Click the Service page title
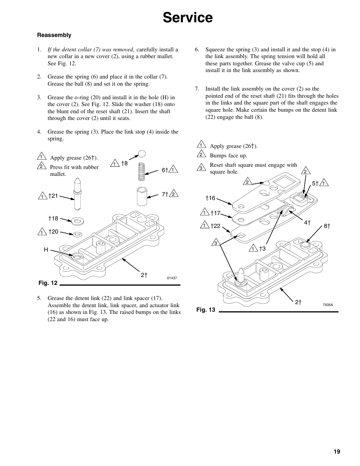(188, 18)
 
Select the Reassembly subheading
(54, 35)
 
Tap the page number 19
(337, 452)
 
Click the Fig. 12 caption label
(48, 283)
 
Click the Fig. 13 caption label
(206, 309)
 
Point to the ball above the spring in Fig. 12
(142, 154)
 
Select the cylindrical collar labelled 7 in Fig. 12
(142, 195)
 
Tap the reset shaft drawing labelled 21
(78, 194)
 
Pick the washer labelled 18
(78, 220)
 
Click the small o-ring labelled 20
(78, 234)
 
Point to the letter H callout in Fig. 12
(46, 250)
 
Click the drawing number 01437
(172, 278)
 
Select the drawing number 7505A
(328, 305)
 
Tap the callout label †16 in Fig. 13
(210, 198)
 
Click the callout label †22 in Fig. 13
(215, 226)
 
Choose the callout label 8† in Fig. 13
(327, 226)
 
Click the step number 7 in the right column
(197, 89)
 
